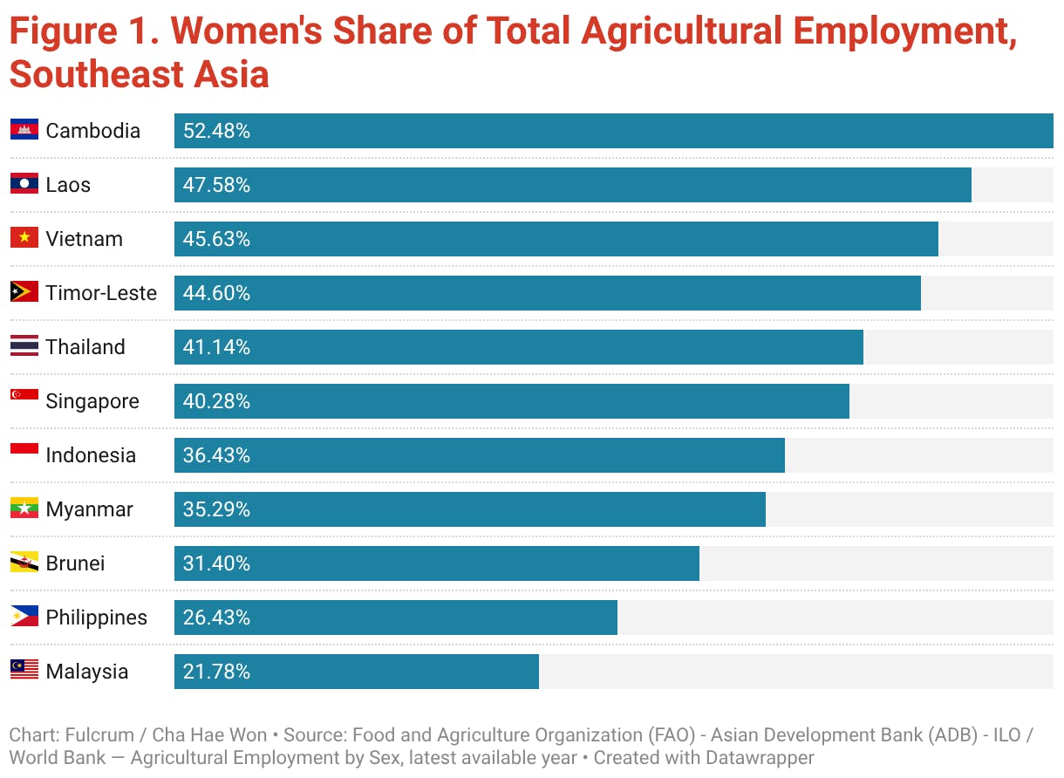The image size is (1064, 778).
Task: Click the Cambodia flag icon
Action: [24, 131]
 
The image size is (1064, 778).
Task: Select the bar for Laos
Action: [572, 185]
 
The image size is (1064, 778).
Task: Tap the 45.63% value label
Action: [216, 239]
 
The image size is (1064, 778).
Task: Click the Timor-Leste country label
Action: [101, 293]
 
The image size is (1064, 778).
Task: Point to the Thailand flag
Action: [24, 347]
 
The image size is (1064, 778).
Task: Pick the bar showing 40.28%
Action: [511, 401]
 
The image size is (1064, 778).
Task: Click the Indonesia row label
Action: [91, 455]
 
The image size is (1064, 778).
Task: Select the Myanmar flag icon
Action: [24, 509]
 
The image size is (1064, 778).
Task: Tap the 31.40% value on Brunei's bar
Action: [216, 563]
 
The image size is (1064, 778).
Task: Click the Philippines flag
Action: [24, 618]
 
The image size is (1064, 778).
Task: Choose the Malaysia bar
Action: [356, 672]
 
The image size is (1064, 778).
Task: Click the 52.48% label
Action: [216, 131]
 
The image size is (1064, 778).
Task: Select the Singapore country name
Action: [92, 401]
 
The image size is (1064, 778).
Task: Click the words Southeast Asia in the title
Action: [140, 75]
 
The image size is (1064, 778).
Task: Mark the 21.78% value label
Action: [216, 672]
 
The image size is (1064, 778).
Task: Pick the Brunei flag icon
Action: [24, 563]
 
